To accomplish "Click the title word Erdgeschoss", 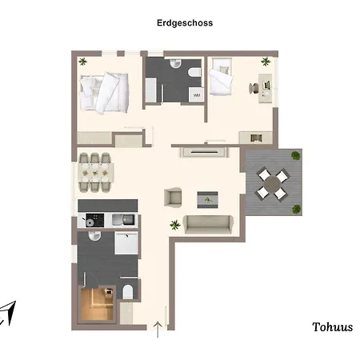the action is click(x=185, y=23).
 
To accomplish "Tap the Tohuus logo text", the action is click(x=332, y=327).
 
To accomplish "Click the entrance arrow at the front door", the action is click(x=158, y=330).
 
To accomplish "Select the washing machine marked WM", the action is click(x=197, y=95).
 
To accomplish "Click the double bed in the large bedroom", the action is click(x=105, y=93).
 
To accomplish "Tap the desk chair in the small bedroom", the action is click(x=254, y=88).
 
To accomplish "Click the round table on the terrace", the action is click(x=273, y=183).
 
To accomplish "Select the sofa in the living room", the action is click(x=208, y=224).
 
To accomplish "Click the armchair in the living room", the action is click(x=173, y=197).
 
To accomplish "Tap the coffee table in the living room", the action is click(x=207, y=200).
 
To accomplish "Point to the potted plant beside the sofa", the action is click(x=175, y=225).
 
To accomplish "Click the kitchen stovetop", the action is click(x=94, y=220).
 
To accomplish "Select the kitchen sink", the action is click(x=124, y=220).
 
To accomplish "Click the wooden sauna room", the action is click(x=97, y=304).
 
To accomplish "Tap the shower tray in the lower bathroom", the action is click(x=126, y=242).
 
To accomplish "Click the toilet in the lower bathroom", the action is click(x=128, y=292).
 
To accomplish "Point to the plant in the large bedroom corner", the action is click(x=82, y=62).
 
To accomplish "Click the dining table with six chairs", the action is click(x=95, y=173).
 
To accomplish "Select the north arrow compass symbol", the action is click(x=8, y=313).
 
